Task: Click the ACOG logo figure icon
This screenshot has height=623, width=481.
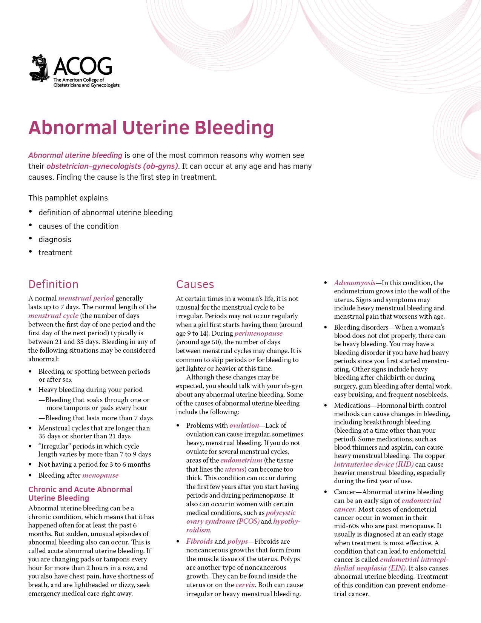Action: (40, 68)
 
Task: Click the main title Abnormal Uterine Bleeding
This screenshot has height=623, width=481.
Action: (151, 128)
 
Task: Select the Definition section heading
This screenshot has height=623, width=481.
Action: (54, 284)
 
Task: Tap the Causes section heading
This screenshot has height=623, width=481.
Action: (195, 284)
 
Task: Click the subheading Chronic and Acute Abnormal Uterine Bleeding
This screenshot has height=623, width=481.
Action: (80, 493)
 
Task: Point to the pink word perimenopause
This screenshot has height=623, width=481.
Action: (258, 333)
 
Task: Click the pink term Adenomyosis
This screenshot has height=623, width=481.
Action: (355, 283)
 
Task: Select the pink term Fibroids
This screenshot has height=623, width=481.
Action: (199, 541)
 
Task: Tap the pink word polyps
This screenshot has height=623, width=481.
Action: (238, 541)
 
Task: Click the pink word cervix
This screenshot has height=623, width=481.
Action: (245, 585)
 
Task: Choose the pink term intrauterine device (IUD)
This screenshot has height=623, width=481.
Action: (373, 464)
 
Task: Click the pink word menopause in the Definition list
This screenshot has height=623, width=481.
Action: (100, 475)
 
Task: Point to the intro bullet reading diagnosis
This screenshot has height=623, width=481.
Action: (55, 239)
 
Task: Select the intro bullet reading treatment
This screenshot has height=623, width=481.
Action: (55, 253)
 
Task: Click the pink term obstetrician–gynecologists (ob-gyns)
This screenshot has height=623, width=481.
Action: (112, 166)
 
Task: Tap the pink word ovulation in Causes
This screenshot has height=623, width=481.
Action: (244, 426)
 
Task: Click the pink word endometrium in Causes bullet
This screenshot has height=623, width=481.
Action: (241, 460)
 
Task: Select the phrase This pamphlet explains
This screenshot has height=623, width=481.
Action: (68, 198)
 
